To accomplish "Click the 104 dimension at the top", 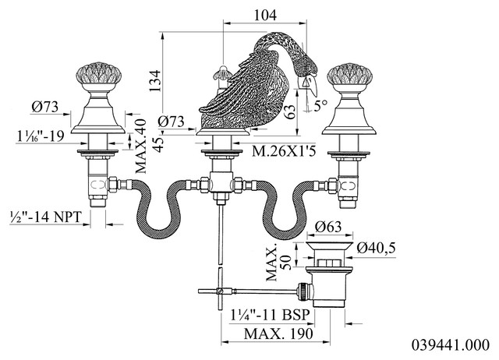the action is pyautogui.click(x=265, y=15).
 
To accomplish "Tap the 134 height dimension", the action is pyautogui.click(x=156, y=81).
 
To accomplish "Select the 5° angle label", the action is pyautogui.click(x=320, y=105).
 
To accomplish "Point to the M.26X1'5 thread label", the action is pyautogui.click(x=284, y=151).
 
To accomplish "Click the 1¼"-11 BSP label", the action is pyautogui.click(x=271, y=315).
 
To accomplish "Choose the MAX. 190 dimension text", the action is pyautogui.click(x=278, y=334).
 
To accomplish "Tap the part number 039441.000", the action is pyautogui.click(x=451, y=345).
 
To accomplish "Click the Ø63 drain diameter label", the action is pyautogui.click(x=328, y=227).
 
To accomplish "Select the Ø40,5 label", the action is pyautogui.click(x=376, y=247).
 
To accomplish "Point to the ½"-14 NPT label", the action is pyautogui.click(x=45, y=217).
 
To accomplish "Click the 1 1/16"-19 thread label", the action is pyautogui.click(x=41, y=136).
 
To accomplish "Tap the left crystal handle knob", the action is pyautogui.click(x=97, y=74).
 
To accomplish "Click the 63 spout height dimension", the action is pyautogui.click(x=289, y=112).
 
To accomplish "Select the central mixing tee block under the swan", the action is pyautogui.click(x=221, y=182).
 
